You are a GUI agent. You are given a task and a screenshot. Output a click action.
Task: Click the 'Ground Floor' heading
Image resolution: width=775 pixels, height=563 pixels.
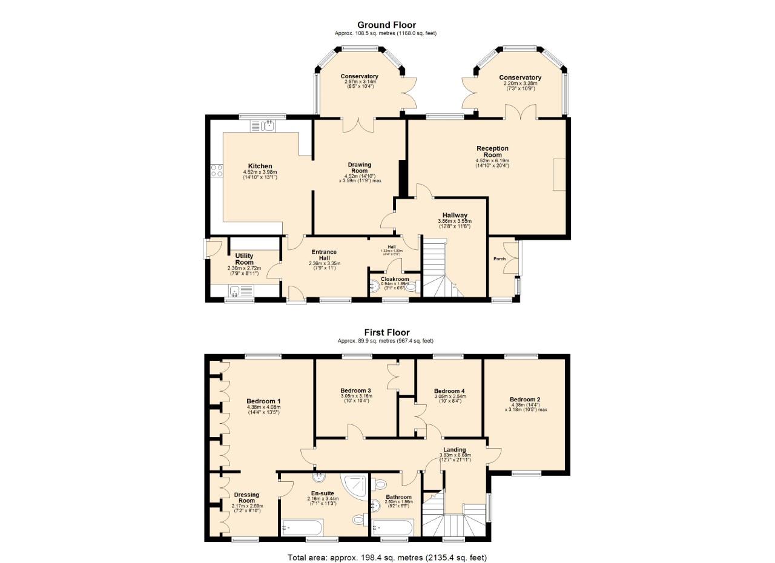coord(386,25)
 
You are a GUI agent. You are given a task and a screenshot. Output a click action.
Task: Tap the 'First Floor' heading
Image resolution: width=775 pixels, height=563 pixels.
coord(386,332)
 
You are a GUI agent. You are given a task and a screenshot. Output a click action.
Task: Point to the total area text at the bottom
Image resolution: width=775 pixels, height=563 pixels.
coord(386,558)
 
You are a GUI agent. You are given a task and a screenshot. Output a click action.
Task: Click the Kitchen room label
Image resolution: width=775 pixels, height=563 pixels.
coord(260,166)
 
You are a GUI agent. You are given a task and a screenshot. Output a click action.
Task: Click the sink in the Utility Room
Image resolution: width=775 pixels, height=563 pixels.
coord(234,292)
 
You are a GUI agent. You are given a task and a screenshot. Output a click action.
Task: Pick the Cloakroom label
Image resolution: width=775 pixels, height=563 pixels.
coord(394,279)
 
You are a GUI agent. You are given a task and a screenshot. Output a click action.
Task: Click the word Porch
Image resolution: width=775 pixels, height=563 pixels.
coord(500,258)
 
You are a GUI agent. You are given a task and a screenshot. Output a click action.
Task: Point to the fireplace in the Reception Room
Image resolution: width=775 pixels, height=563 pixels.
coord(559,174)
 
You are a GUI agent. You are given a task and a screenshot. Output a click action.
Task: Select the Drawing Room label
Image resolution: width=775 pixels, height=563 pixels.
coord(360,168)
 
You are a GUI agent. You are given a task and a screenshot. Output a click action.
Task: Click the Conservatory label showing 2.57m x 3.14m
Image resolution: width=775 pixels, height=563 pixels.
coord(359,76)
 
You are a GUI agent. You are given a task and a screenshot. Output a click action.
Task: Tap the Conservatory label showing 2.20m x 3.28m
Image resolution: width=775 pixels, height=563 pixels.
coord(520,77)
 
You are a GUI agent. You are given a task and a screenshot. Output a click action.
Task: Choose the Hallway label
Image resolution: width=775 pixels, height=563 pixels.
coord(454,215)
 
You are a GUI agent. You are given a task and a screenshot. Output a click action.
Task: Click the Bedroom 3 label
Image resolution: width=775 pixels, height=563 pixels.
coord(355,390)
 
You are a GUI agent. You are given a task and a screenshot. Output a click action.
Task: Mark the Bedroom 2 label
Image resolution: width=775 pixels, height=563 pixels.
coord(524,400)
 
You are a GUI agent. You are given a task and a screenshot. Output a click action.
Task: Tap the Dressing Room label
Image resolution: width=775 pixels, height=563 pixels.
coord(247,498)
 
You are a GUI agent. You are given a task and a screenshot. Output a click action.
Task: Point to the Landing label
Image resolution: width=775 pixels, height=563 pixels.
coord(454,450)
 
